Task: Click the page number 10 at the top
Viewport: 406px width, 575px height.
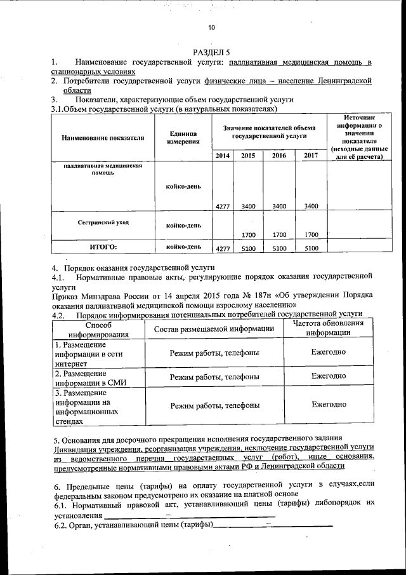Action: [x=212, y=27]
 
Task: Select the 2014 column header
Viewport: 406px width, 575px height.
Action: [x=222, y=156]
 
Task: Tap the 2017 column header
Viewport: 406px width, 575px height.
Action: [x=311, y=156]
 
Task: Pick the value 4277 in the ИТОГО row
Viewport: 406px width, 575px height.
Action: [x=222, y=248]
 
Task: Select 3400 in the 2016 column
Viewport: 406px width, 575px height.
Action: [x=279, y=206]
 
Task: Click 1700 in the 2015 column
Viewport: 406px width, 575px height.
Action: [x=249, y=234]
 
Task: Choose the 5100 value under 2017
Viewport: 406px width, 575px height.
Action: [x=311, y=248]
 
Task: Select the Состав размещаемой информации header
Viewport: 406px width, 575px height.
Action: [x=214, y=328]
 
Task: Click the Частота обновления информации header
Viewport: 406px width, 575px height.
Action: [x=328, y=327]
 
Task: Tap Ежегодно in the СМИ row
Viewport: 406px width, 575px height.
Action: [x=328, y=376]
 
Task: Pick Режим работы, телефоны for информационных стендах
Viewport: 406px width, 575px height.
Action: [x=214, y=405]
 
